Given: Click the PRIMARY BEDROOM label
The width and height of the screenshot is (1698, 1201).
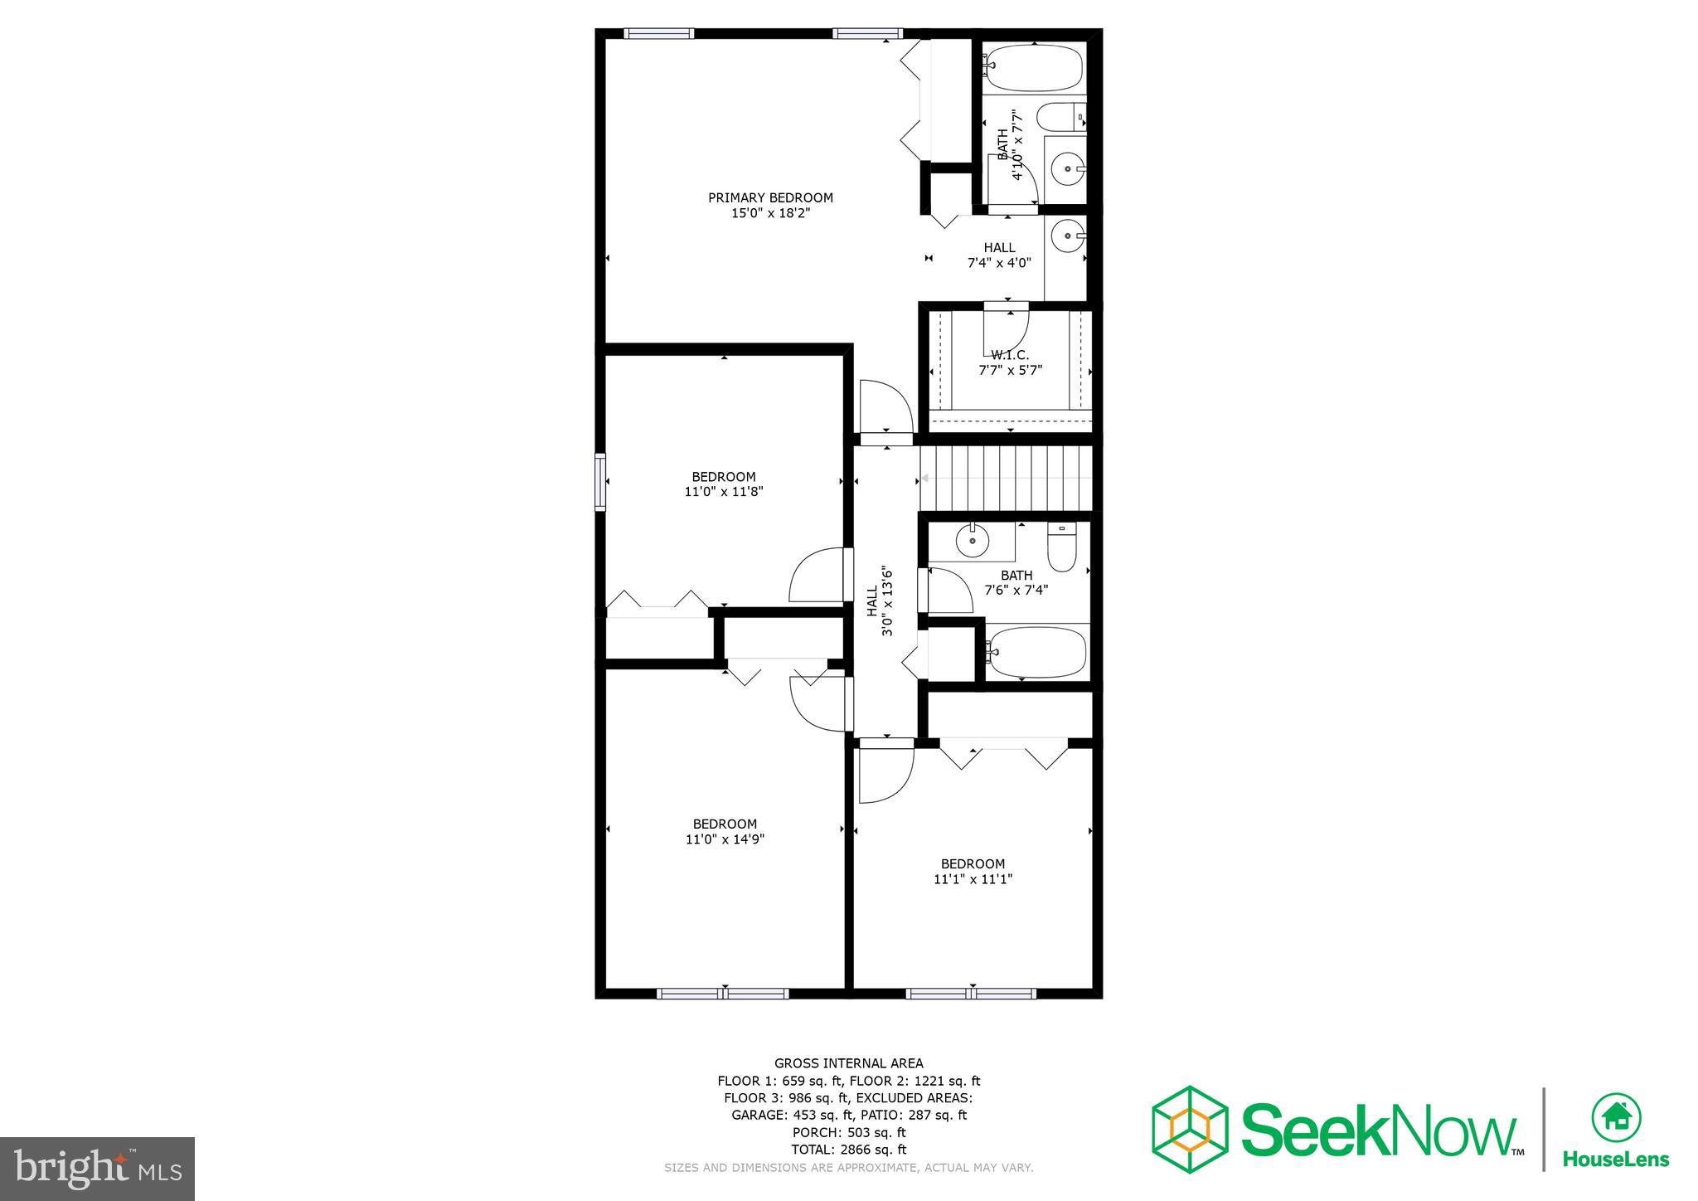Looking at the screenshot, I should tap(770, 197).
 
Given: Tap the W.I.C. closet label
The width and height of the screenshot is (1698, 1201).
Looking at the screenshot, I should tap(1009, 355).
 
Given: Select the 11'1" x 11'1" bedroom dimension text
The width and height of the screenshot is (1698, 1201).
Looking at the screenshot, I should tap(973, 879).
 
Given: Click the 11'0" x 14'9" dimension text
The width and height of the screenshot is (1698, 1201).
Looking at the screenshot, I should tap(724, 839).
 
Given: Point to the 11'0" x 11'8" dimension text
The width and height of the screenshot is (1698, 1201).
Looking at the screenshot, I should tap(724, 491).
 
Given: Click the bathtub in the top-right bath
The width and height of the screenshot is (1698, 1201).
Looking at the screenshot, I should tap(1034, 68).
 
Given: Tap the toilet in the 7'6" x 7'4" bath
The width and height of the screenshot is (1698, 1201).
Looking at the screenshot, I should tap(1061, 547).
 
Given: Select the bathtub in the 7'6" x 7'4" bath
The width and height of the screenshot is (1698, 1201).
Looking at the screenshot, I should tap(1036, 652).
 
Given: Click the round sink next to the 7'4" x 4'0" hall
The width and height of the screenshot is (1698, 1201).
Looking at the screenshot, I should tap(1065, 237).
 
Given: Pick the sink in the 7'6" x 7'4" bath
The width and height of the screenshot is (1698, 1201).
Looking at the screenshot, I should tap(972, 542).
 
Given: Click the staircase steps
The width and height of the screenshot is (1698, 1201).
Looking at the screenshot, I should tap(1005, 479).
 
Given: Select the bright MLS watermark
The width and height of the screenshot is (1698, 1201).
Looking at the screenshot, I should tap(97, 1169).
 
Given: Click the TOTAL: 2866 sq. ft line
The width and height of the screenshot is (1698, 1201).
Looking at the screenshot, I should tap(848, 1150).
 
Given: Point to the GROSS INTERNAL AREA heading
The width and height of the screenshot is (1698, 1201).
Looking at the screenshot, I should tap(848, 1063).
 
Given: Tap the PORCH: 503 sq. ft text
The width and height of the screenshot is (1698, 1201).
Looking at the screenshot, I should tap(848, 1132).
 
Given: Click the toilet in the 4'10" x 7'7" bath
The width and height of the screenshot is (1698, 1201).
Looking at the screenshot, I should tap(1060, 117).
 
